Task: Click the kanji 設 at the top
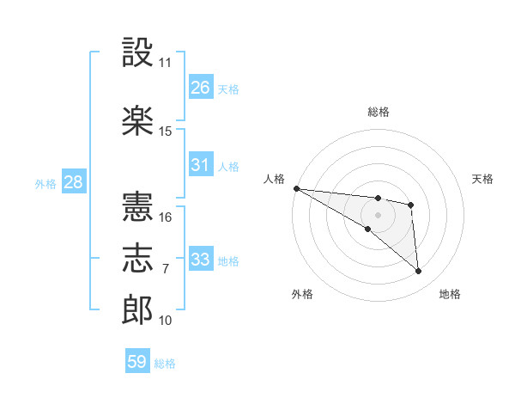(137, 52)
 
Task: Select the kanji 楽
(137, 120)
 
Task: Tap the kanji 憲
(137, 206)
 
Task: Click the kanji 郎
(137, 309)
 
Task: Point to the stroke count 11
(165, 63)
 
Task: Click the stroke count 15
(165, 132)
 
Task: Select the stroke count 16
(165, 217)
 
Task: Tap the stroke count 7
(166, 269)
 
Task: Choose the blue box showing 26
(201, 86)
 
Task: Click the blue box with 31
(201, 163)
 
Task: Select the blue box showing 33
(201, 258)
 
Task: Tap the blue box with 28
(74, 181)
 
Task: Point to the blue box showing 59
(137, 360)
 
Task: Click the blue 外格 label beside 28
(45, 184)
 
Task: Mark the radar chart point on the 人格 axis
(297, 188)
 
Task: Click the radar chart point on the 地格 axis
(418, 271)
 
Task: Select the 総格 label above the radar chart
(378, 112)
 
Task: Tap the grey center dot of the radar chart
(378, 215)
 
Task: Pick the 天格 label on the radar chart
(482, 179)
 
